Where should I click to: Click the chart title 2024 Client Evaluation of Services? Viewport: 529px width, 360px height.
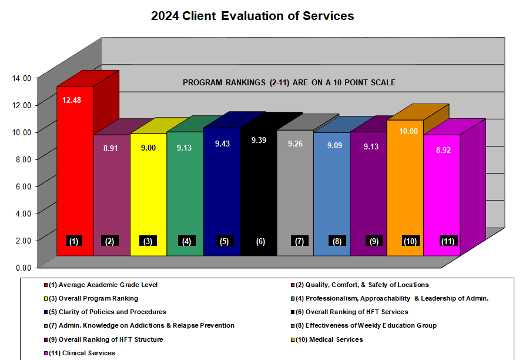(253, 16)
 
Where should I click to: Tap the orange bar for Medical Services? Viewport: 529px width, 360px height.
(405, 188)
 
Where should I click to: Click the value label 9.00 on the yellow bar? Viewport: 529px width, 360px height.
(148, 148)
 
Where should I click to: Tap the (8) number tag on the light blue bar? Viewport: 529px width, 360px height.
(337, 241)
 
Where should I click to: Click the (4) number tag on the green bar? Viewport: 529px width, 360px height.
(186, 241)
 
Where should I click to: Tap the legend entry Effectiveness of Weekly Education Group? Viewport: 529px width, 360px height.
(362, 325)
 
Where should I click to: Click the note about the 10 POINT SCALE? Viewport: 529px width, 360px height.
(289, 83)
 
